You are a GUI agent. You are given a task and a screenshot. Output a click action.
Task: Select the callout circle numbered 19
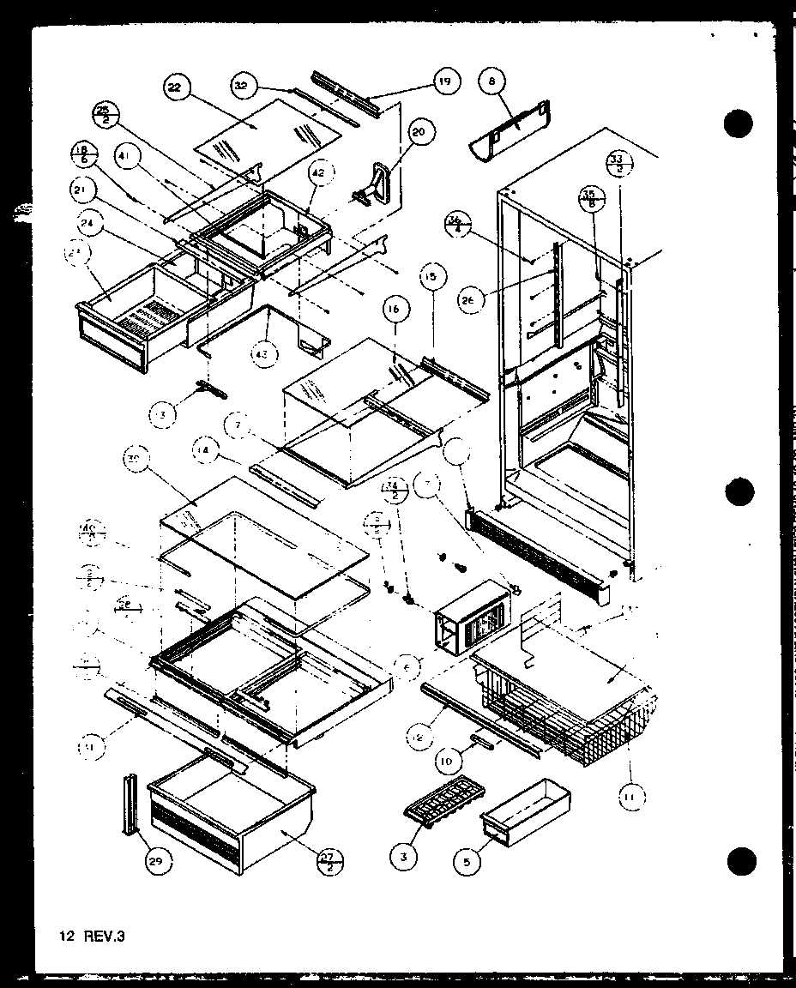pyautogui.click(x=446, y=82)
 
